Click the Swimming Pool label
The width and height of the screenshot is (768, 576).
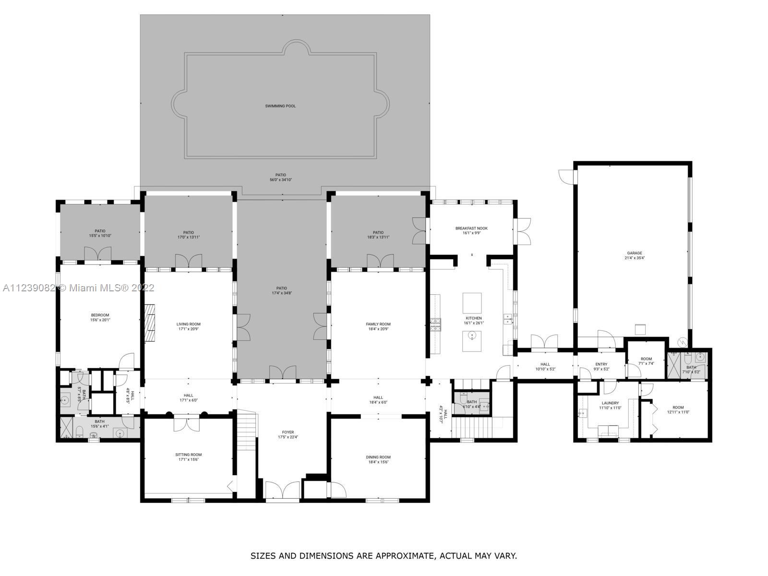point(280,106)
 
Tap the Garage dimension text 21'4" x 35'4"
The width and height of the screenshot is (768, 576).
point(634,258)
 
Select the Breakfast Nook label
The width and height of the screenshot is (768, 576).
point(471,228)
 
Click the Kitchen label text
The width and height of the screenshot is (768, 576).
point(473,318)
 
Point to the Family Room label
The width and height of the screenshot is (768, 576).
point(378,324)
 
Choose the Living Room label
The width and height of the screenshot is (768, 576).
point(188,324)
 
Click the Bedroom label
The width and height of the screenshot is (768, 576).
point(100,315)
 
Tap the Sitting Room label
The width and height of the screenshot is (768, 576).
point(188,455)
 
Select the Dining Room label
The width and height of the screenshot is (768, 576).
point(378,457)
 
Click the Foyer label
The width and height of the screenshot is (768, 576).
point(288,432)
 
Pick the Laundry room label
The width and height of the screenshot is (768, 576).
point(610,403)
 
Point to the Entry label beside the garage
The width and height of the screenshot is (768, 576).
point(601,364)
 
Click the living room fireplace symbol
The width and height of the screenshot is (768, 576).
point(151,322)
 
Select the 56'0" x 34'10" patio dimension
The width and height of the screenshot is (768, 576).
point(280,180)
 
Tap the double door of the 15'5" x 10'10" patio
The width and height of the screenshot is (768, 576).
point(97,254)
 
